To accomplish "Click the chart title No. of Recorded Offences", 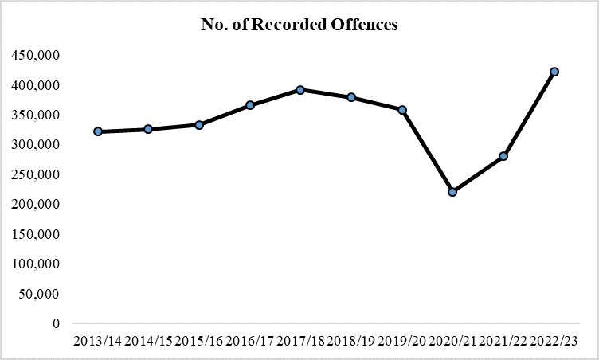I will point(299,25).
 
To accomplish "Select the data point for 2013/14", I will point(98,131).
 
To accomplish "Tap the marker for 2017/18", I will point(300,90).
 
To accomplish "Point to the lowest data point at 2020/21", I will point(452,192).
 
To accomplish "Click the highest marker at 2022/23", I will point(554,72).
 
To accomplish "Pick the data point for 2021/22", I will point(503,156).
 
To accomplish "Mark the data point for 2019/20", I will point(402,110).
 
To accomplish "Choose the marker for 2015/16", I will point(199,125).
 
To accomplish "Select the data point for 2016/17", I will point(250,105).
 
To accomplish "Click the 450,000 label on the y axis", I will point(36,56).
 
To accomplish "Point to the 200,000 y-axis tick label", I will point(36,205).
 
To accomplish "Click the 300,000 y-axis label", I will point(36,145).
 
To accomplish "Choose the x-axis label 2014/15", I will point(148,341).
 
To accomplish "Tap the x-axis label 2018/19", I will point(351,341).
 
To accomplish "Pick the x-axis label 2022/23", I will point(554,341).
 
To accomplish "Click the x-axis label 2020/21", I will point(452,341).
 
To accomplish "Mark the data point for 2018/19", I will point(351,97).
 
